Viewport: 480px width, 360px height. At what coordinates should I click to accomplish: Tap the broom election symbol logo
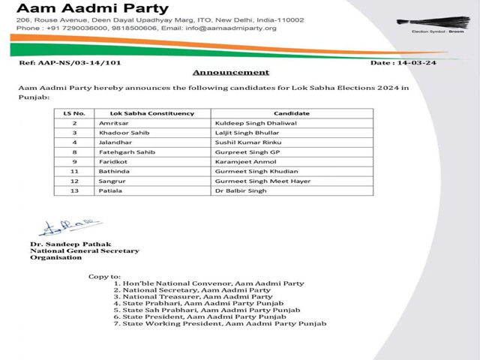(x=428, y=22)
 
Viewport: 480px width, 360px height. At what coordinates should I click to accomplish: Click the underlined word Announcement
(x=231, y=73)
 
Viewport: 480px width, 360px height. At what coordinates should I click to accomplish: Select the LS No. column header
(x=74, y=112)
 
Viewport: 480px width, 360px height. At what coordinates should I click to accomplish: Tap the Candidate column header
(x=292, y=112)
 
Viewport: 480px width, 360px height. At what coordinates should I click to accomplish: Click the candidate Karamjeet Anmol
(x=241, y=161)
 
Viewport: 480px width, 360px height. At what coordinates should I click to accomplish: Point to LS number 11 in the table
(x=74, y=171)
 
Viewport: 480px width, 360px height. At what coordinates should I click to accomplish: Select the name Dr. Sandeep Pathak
(x=66, y=244)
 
